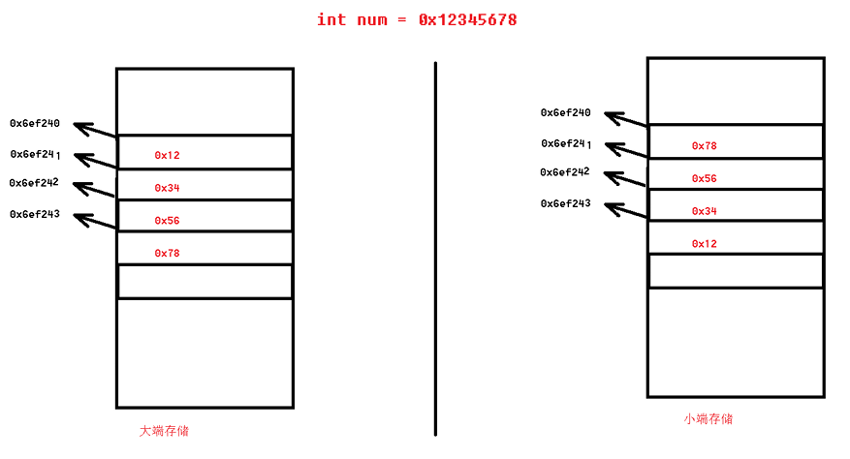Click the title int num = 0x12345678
pyautogui.click(x=417, y=20)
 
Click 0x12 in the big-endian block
pyautogui.click(x=167, y=155)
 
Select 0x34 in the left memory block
pyautogui.click(x=167, y=188)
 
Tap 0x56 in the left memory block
pyautogui.click(x=167, y=221)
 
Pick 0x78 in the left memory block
pyautogui.click(x=167, y=254)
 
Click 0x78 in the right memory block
pyautogui.click(x=705, y=146)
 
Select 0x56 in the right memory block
pyautogui.click(x=705, y=179)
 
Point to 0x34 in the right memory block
pyautogui.click(x=705, y=211)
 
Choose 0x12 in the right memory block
pyautogui.click(x=705, y=244)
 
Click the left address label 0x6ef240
pyautogui.click(x=35, y=124)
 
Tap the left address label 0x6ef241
pyautogui.click(x=36, y=154)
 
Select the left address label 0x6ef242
pyautogui.click(x=35, y=183)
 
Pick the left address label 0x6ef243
pyautogui.click(x=35, y=214)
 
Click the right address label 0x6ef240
pyautogui.click(x=566, y=113)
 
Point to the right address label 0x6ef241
pyautogui.click(x=567, y=143)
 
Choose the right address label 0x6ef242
pyautogui.click(x=566, y=172)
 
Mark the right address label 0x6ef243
pyautogui.click(x=566, y=203)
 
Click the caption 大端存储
pyautogui.click(x=165, y=431)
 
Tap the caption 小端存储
pyautogui.click(x=708, y=419)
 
